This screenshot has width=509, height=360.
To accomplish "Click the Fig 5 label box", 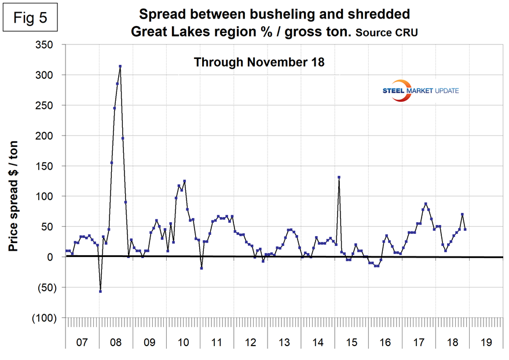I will coord(32,19).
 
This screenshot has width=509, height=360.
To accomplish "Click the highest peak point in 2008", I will coord(120,67).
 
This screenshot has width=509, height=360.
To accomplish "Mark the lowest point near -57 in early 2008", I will coord(100,291).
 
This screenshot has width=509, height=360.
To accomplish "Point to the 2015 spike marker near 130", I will coord(339,177).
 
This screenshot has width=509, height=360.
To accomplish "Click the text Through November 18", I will coord(259,61).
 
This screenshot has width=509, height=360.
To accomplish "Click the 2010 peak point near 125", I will coord(184,181).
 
